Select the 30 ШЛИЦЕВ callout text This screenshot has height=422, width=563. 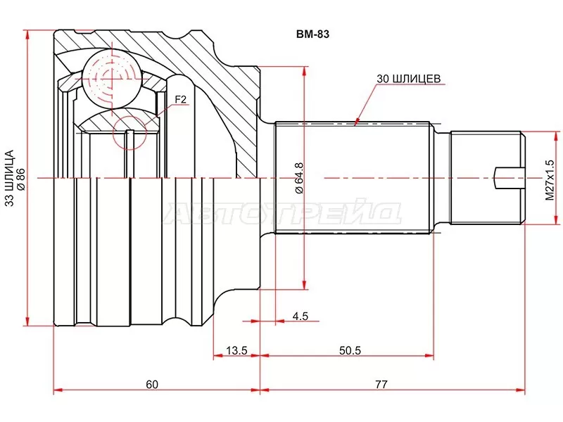tap(408, 79)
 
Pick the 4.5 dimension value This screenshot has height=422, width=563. tap(301, 316)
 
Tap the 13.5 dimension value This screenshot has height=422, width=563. tap(236, 350)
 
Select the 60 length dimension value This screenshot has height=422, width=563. tap(152, 384)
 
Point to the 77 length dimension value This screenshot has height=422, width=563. tap(381, 384)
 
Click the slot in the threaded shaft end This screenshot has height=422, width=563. tap(509, 178)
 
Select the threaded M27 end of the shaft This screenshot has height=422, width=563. tap(486, 178)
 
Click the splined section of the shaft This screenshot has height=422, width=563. tap(352, 178)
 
